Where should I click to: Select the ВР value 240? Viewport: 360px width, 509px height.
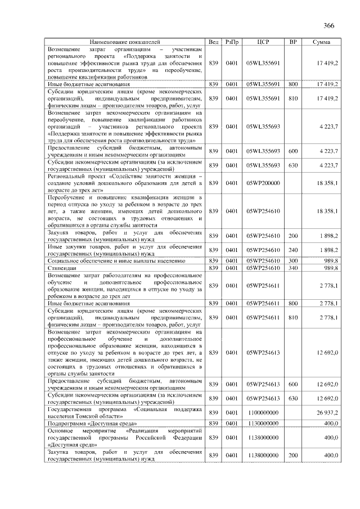pyautogui.click(x=292, y=250)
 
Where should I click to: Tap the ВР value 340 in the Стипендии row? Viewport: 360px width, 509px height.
pyautogui.click(x=292, y=268)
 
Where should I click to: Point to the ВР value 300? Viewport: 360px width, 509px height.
pyautogui.click(x=292, y=261)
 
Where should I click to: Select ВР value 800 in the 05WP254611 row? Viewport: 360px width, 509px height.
pyautogui.click(x=292, y=303)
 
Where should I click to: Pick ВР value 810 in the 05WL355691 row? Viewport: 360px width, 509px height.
pyautogui.click(x=292, y=98)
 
